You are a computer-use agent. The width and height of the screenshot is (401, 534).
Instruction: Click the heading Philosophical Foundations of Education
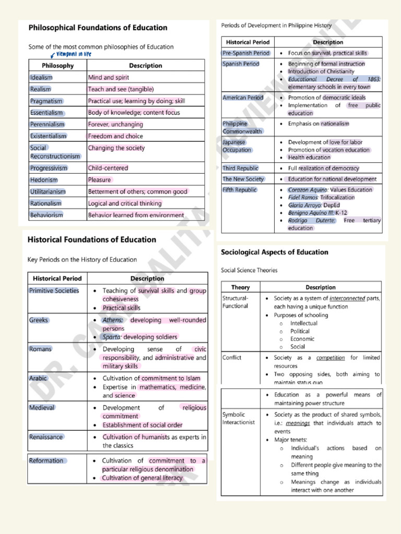click(x=98, y=28)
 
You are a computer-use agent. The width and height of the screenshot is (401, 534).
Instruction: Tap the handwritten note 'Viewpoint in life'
click(x=73, y=54)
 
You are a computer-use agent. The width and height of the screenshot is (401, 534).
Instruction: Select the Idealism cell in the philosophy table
click(x=42, y=78)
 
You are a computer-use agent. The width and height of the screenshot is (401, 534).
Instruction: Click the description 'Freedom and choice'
click(x=115, y=136)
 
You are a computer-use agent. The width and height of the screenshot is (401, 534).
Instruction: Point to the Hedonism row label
click(x=44, y=180)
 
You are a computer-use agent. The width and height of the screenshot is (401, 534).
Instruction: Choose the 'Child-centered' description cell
click(x=108, y=168)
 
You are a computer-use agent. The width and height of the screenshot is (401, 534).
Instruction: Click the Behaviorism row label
click(x=46, y=215)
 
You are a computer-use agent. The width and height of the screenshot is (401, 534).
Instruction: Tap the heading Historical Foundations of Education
click(x=91, y=240)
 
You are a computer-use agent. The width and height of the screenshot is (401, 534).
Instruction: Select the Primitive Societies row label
click(x=54, y=290)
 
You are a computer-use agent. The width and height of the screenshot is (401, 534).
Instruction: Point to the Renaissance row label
click(x=46, y=437)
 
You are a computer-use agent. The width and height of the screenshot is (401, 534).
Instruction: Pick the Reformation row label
click(x=46, y=460)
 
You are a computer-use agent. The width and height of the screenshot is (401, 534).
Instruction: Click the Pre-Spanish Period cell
click(x=246, y=53)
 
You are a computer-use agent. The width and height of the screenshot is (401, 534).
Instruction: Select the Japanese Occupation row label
click(x=237, y=146)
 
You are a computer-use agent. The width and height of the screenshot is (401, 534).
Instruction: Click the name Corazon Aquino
click(x=308, y=190)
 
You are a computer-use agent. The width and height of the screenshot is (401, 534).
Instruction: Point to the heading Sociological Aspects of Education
click(x=275, y=252)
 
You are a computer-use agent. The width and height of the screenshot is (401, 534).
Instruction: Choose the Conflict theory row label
click(x=232, y=358)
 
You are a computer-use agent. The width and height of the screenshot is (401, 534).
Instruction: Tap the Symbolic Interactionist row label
click(x=239, y=418)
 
